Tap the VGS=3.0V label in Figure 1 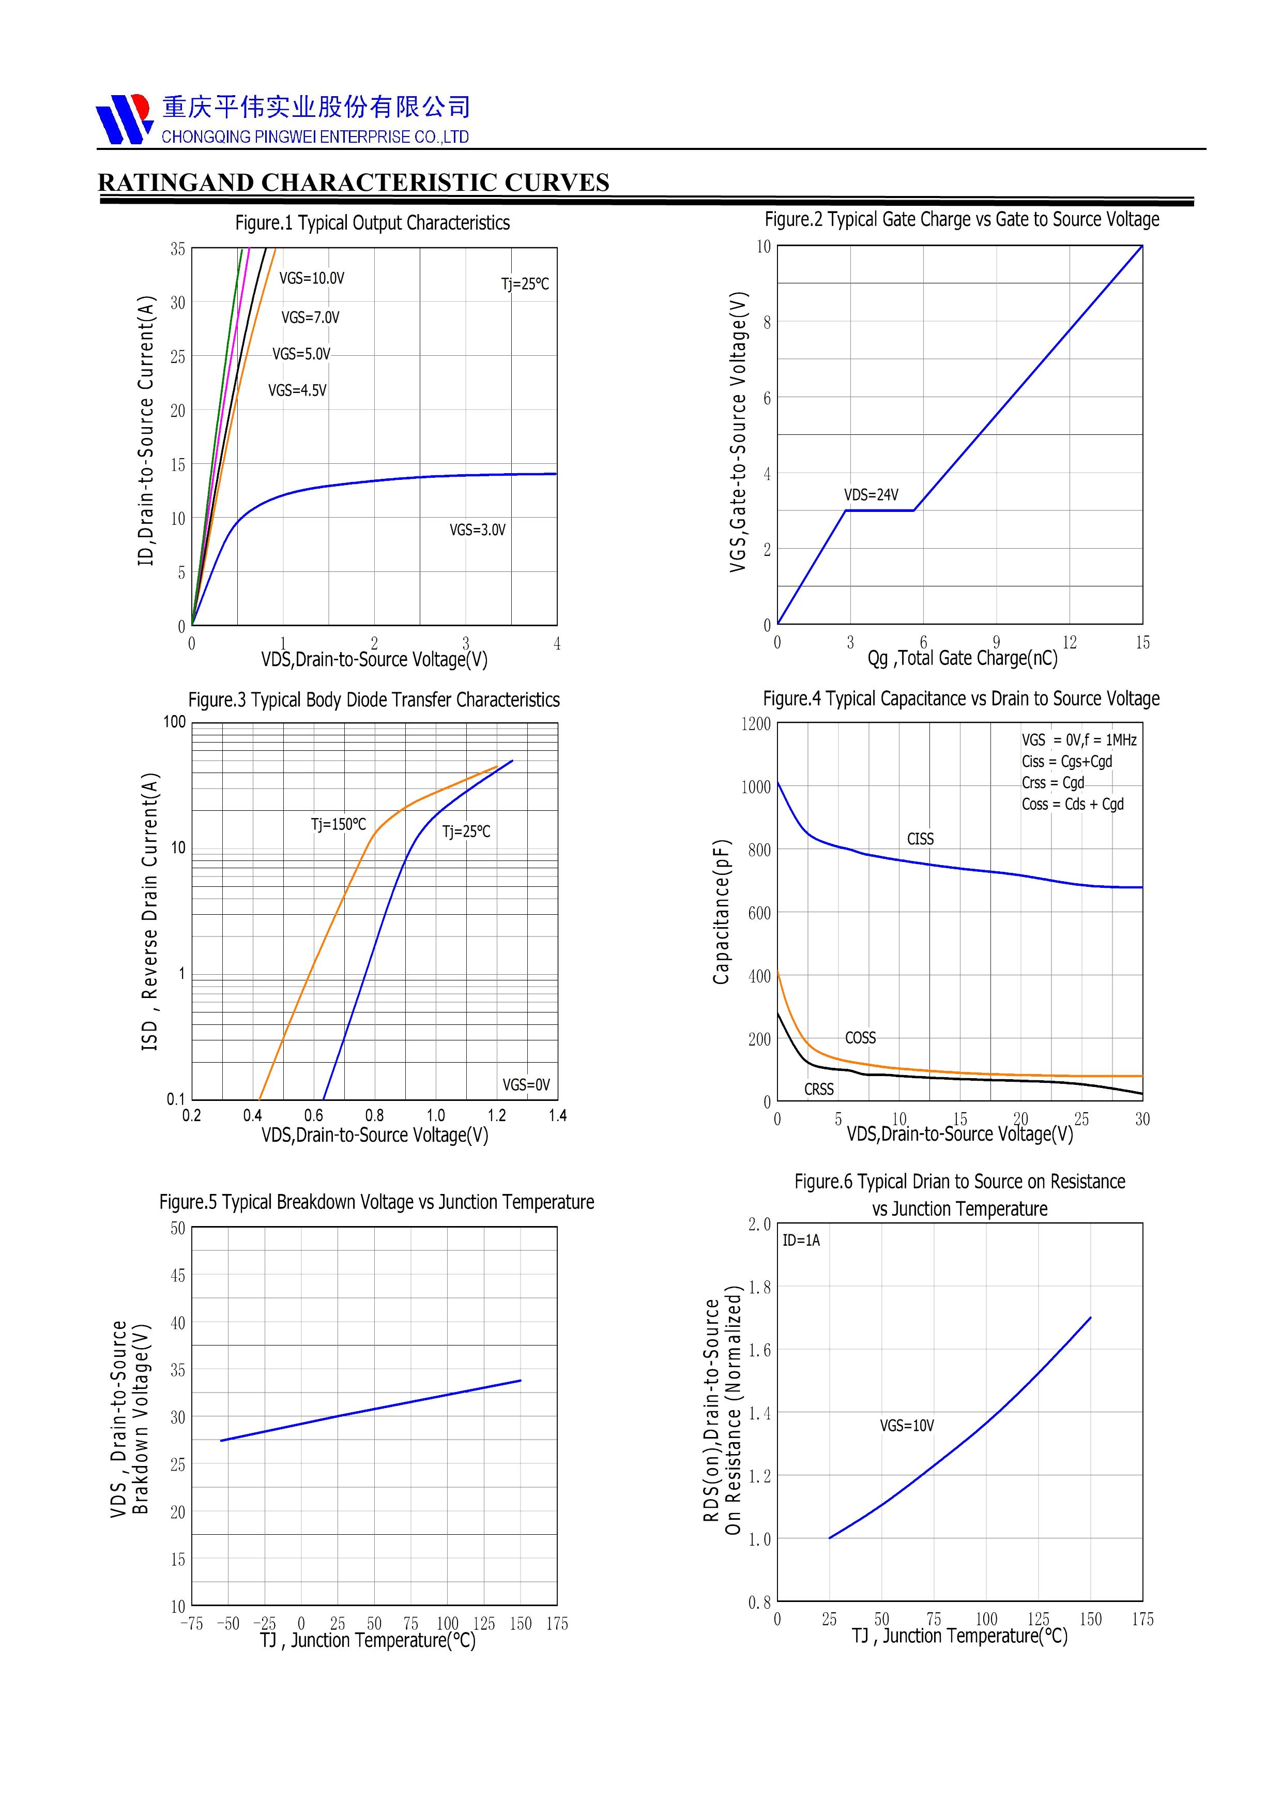(477, 530)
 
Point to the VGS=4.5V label (297, 390)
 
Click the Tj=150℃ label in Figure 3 (338, 825)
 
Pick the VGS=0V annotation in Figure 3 (526, 1085)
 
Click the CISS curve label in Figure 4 (920, 839)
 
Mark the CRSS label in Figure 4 (819, 1090)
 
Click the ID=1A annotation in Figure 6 (801, 1241)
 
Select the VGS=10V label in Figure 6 (907, 1426)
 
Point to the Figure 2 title (961, 220)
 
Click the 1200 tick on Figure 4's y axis (755, 724)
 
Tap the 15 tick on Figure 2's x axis (1142, 643)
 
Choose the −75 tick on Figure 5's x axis (191, 1624)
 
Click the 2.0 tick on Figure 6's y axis (759, 1225)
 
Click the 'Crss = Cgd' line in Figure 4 (1052, 783)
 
